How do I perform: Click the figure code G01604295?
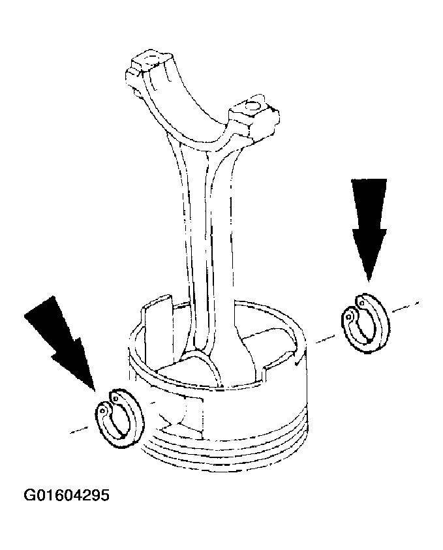(67, 496)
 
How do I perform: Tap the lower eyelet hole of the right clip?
(349, 316)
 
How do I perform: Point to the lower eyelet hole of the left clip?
(102, 410)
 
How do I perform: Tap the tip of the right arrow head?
(369, 281)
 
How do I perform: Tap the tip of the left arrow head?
(95, 390)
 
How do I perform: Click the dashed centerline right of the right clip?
(405, 307)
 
